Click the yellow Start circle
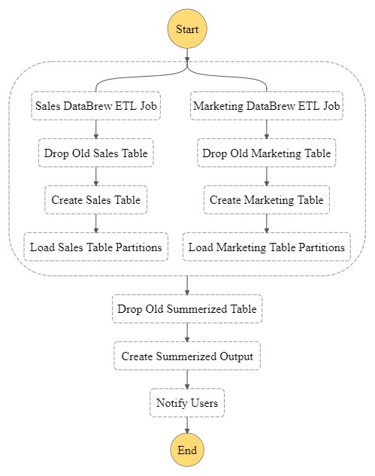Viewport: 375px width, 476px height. pyautogui.click(x=187, y=29)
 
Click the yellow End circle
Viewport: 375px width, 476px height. pyautogui.click(x=187, y=450)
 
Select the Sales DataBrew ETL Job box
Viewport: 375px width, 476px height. pyautogui.click(x=96, y=105)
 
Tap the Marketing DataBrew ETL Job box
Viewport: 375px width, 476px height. pyautogui.click(x=267, y=105)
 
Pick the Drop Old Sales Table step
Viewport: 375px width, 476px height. pyautogui.click(x=96, y=153)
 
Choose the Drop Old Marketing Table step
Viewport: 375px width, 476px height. pyautogui.click(x=267, y=153)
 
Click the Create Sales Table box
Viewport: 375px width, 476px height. pyautogui.click(x=96, y=200)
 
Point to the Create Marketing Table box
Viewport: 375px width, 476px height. pyautogui.click(x=267, y=200)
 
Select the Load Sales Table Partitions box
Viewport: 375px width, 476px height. pyautogui.click(x=96, y=247)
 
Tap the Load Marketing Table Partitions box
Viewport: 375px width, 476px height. pyautogui.click(x=267, y=247)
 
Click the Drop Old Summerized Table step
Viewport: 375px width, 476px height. pyautogui.click(x=187, y=309)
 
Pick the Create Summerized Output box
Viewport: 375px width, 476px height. pyautogui.click(x=187, y=356)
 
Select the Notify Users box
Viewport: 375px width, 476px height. pyautogui.click(x=187, y=403)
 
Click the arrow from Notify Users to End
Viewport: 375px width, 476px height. pyautogui.click(x=187, y=425)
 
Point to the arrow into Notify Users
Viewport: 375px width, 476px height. pyautogui.click(x=187, y=380)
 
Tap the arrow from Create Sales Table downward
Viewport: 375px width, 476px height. pyautogui.click(x=96, y=223)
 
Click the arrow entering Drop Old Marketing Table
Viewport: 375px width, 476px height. pyautogui.click(x=267, y=129)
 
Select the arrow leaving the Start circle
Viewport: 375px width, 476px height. pyautogui.click(x=187, y=55)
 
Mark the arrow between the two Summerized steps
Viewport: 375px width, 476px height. pyautogui.click(x=187, y=332)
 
